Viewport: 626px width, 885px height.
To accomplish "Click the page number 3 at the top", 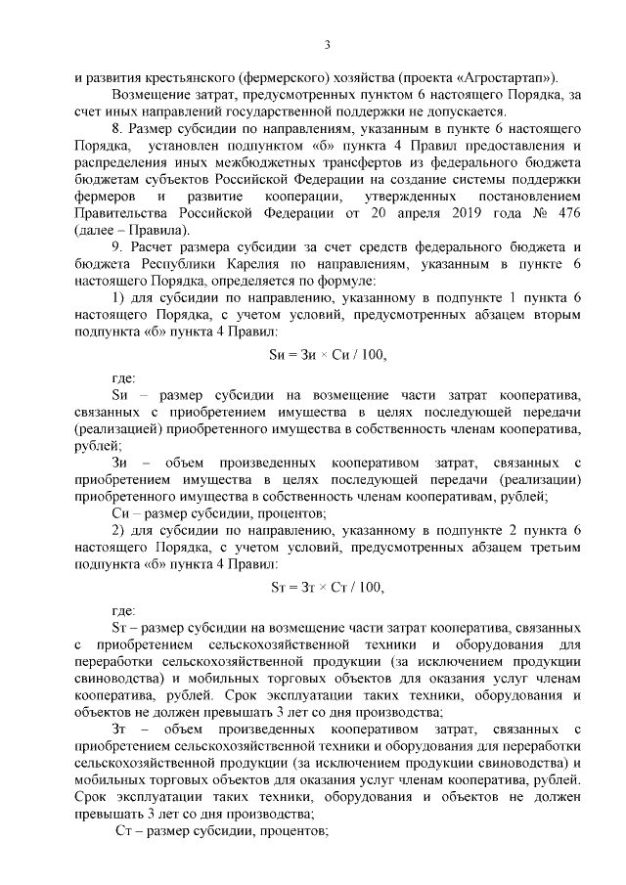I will (x=328, y=44).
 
